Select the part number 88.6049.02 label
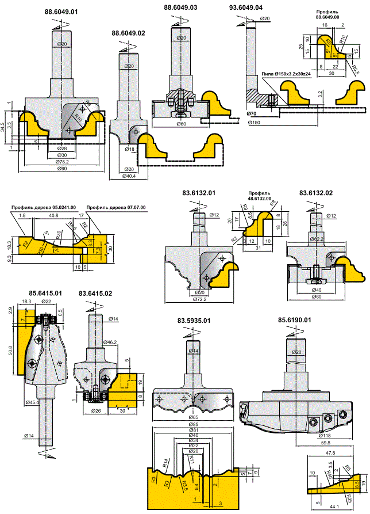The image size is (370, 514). (x=129, y=34)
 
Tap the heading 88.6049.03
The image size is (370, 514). (x=180, y=8)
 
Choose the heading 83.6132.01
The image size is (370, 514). (x=199, y=193)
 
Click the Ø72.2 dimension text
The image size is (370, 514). (x=198, y=300)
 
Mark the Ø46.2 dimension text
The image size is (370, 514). (x=111, y=342)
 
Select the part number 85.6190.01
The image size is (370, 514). (x=294, y=320)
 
